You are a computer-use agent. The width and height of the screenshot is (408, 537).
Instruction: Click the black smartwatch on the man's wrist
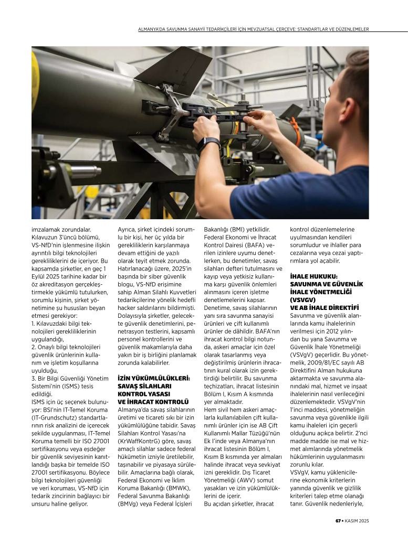[x=208, y=144]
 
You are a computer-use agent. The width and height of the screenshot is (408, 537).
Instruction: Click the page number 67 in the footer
[x=339, y=521]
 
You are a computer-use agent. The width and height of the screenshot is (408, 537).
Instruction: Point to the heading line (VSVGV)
[x=301, y=299]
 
